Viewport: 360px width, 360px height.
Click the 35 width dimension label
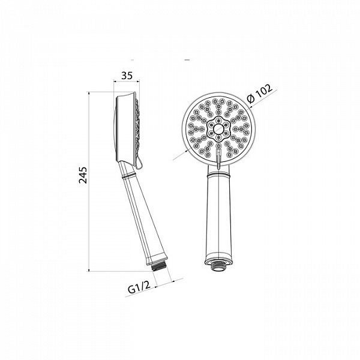click(x=127, y=76)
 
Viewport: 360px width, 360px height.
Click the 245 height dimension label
click(x=83, y=175)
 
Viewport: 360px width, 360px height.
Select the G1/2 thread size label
click(x=139, y=287)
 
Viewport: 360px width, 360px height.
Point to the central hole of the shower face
click(x=218, y=129)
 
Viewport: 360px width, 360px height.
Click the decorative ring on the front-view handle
click(x=218, y=176)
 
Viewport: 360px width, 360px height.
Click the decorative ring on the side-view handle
click(x=127, y=177)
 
